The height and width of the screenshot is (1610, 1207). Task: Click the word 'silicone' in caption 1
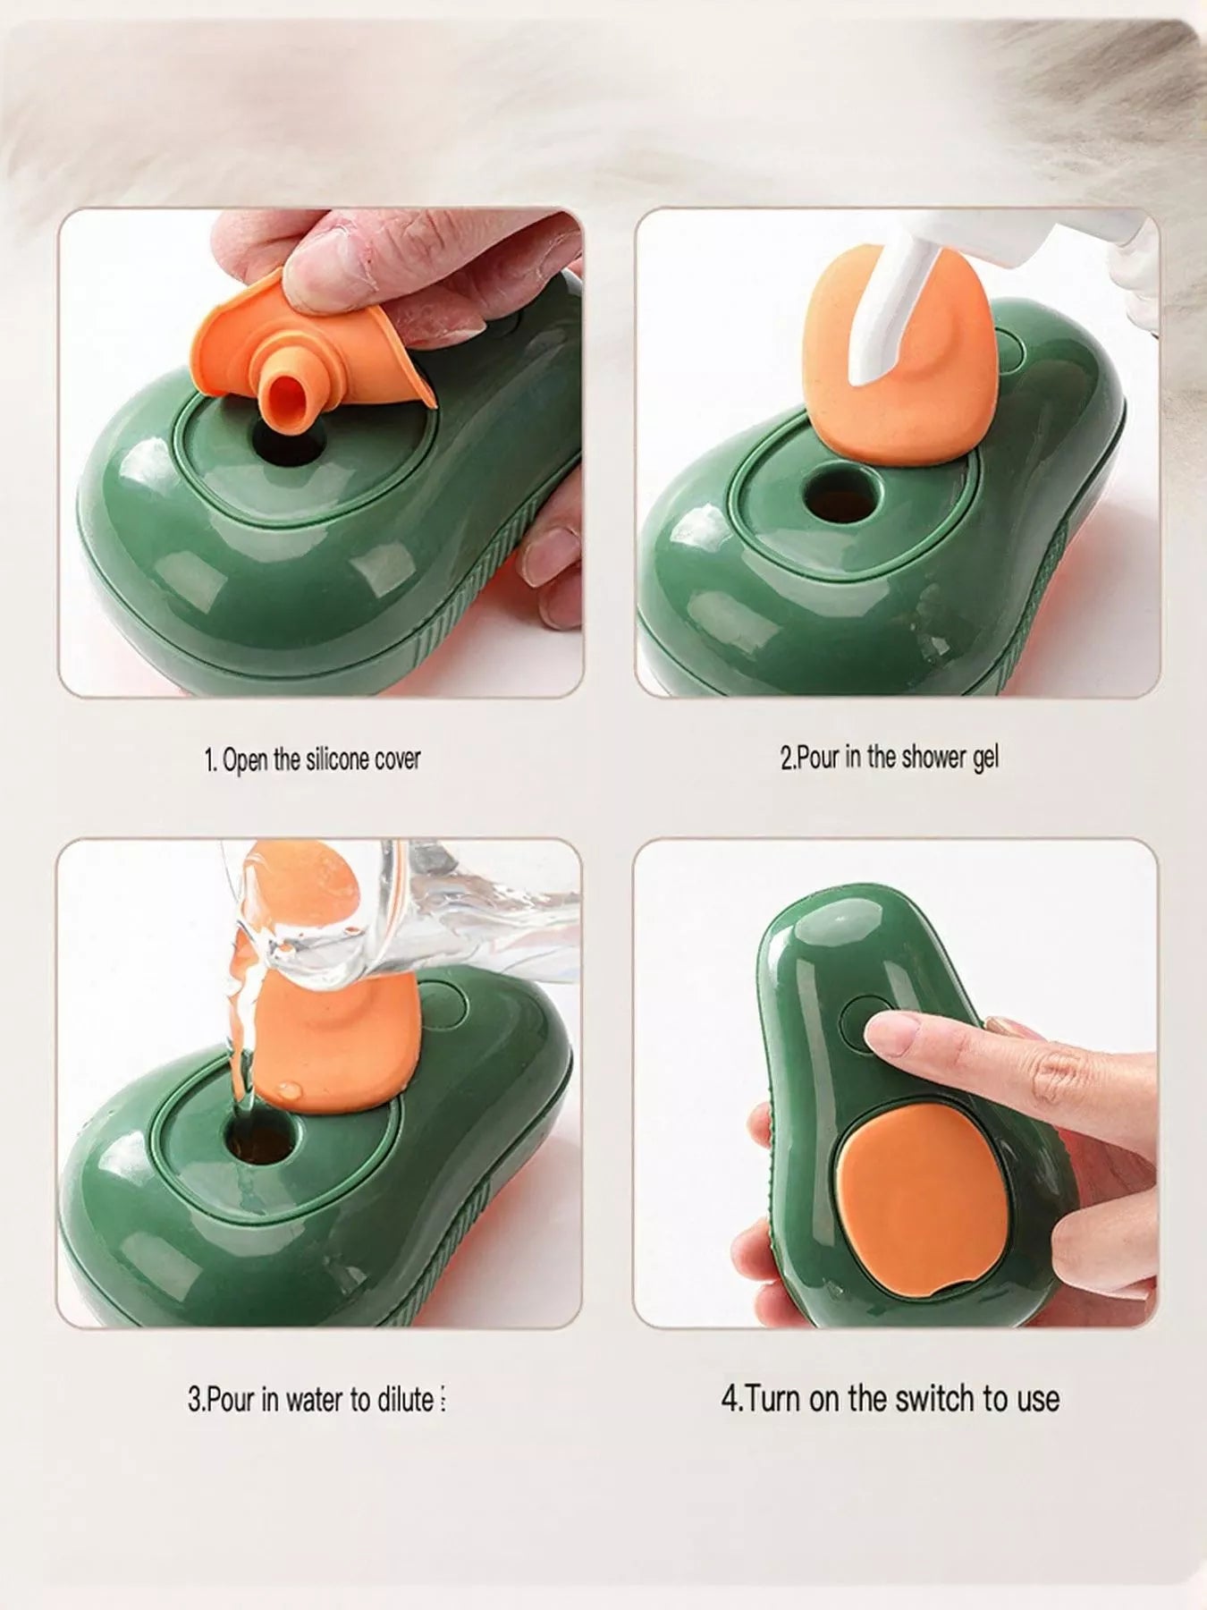[337, 759]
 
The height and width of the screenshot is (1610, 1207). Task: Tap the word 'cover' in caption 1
[397, 760]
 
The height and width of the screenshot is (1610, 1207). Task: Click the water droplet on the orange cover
[290, 1090]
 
